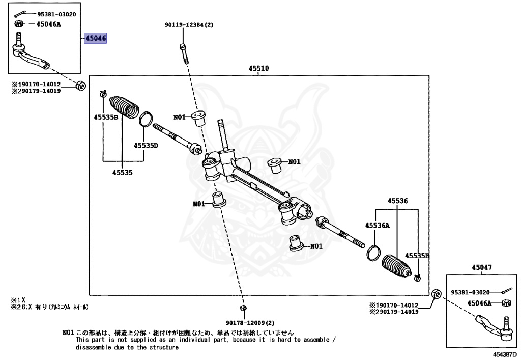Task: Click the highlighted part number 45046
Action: coord(96,38)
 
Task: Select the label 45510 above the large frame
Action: coord(258,68)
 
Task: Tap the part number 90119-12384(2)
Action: coord(189,24)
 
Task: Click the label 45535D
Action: coord(146,145)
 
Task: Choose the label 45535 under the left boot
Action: coord(122,172)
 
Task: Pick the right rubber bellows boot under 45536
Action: coord(396,265)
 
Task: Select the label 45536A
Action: coord(377,225)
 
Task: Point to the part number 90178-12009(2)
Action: coord(250,323)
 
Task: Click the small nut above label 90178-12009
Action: coord(243,309)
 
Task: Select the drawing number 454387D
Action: coord(505,353)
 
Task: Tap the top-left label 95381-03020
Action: coord(56,14)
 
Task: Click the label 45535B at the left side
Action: coord(105,117)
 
